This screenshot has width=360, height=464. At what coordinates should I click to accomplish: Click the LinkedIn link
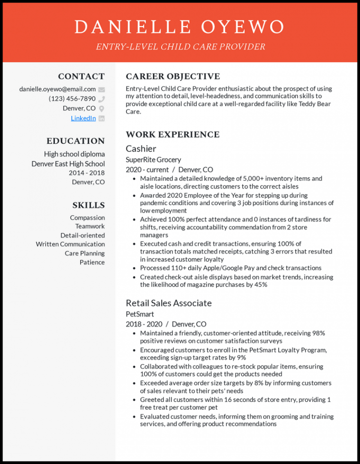point(83,118)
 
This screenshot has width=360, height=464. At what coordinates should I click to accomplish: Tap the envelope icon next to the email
point(101,89)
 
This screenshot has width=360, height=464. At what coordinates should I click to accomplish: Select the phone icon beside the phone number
point(101,99)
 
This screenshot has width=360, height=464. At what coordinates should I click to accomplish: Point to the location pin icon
point(101,108)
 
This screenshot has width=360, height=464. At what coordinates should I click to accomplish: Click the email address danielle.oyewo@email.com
point(57,89)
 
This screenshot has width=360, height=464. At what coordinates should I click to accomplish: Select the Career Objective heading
point(172,76)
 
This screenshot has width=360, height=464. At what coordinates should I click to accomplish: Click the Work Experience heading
point(172,134)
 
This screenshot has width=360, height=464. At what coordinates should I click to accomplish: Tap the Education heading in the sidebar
point(75,141)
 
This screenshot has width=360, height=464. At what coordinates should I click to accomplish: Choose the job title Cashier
point(141,149)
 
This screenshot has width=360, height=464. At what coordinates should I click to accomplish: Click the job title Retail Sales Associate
point(169,303)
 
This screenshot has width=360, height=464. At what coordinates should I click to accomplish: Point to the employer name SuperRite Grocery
point(153,160)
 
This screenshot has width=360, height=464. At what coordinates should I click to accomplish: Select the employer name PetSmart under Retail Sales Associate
point(140,314)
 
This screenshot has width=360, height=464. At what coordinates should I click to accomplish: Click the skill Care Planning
point(85,253)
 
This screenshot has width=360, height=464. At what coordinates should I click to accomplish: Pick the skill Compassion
point(87,218)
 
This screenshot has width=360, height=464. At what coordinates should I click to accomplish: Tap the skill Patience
point(92,262)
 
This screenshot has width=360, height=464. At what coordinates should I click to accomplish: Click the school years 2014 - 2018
point(87,173)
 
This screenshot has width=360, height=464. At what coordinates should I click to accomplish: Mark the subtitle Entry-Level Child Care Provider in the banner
point(180,47)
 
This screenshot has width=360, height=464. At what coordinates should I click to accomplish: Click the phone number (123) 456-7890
point(72,99)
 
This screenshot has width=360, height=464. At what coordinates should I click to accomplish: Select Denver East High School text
point(68,164)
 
